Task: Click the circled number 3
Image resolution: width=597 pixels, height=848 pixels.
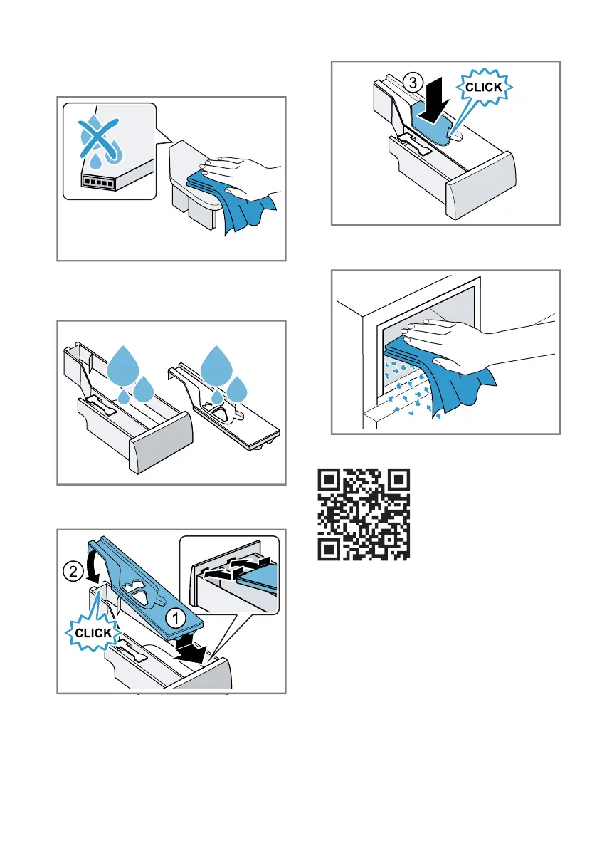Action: pyautogui.click(x=413, y=83)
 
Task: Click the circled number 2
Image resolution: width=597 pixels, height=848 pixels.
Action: pyautogui.click(x=73, y=571)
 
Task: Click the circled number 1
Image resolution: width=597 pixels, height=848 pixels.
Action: pyautogui.click(x=175, y=618)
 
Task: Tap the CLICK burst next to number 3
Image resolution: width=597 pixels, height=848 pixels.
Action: pyautogui.click(x=484, y=87)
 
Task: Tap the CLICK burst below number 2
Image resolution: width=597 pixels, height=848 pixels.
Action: pyautogui.click(x=93, y=633)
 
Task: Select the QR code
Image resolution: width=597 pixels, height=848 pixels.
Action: pyautogui.click(x=364, y=514)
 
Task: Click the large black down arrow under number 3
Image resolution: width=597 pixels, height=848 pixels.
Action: pyautogui.click(x=435, y=101)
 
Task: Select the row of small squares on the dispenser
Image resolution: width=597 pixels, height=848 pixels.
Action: pyautogui.click(x=98, y=182)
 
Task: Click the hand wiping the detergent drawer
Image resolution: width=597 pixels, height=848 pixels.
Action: pyautogui.click(x=241, y=175)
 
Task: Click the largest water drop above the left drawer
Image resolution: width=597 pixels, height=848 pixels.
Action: pyautogui.click(x=123, y=365)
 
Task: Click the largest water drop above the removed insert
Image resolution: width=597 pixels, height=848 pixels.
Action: pyautogui.click(x=216, y=365)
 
